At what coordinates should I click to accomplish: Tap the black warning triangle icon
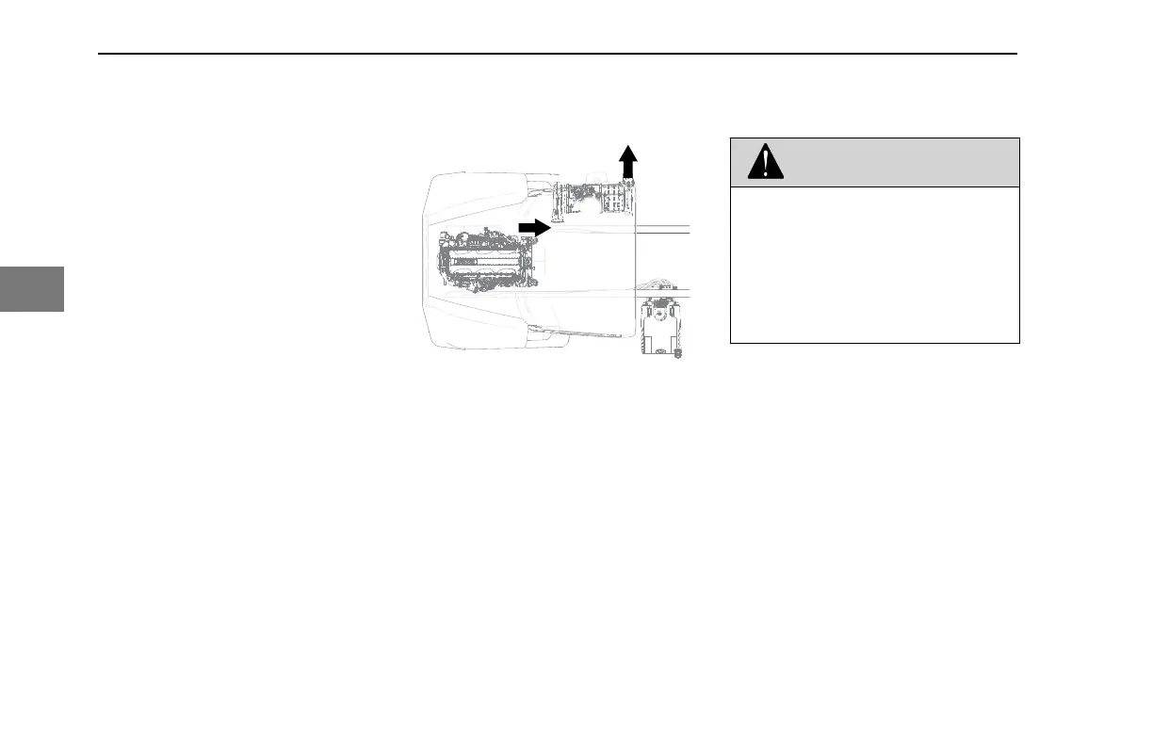pyautogui.click(x=765, y=163)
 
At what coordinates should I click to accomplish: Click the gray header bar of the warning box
pyautogui.click(x=895, y=162)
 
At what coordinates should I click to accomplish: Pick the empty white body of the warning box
pyautogui.click(x=874, y=264)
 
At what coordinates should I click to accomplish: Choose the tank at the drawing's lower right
pyautogui.click(x=660, y=327)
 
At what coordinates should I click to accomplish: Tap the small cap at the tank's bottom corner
pyautogui.click(x=676, y=353)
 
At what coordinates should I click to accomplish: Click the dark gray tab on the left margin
pyautogui.click(x=32, y=288)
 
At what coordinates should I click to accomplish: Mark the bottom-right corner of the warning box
pyautogui.click(x=1019, y=342)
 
